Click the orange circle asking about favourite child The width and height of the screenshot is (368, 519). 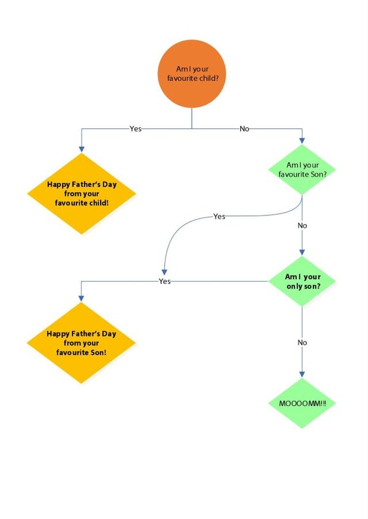(x=192, y=73)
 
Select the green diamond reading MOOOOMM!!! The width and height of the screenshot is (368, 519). (x=302, y=404)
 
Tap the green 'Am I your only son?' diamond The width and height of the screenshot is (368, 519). (x=302, y=282)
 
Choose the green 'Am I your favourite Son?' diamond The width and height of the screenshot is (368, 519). (x=302, y=170)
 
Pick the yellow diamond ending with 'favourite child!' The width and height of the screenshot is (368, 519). (x=82, y=193)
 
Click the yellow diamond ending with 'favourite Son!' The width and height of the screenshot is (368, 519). (x=82, y=343)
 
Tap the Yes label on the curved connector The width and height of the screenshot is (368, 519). (x=219, y=217)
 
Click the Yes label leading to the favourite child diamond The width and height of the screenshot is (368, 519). (x=136, y=129)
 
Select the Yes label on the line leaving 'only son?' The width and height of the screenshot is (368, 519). (x=164, y=282)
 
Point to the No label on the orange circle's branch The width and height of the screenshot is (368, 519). (x=244, y=129)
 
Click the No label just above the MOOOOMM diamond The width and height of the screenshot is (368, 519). (x=302, y=343)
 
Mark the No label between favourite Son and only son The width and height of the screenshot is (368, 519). (x=302, y=225)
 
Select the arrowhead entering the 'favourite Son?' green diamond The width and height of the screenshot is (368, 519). (x=302, y=141)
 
